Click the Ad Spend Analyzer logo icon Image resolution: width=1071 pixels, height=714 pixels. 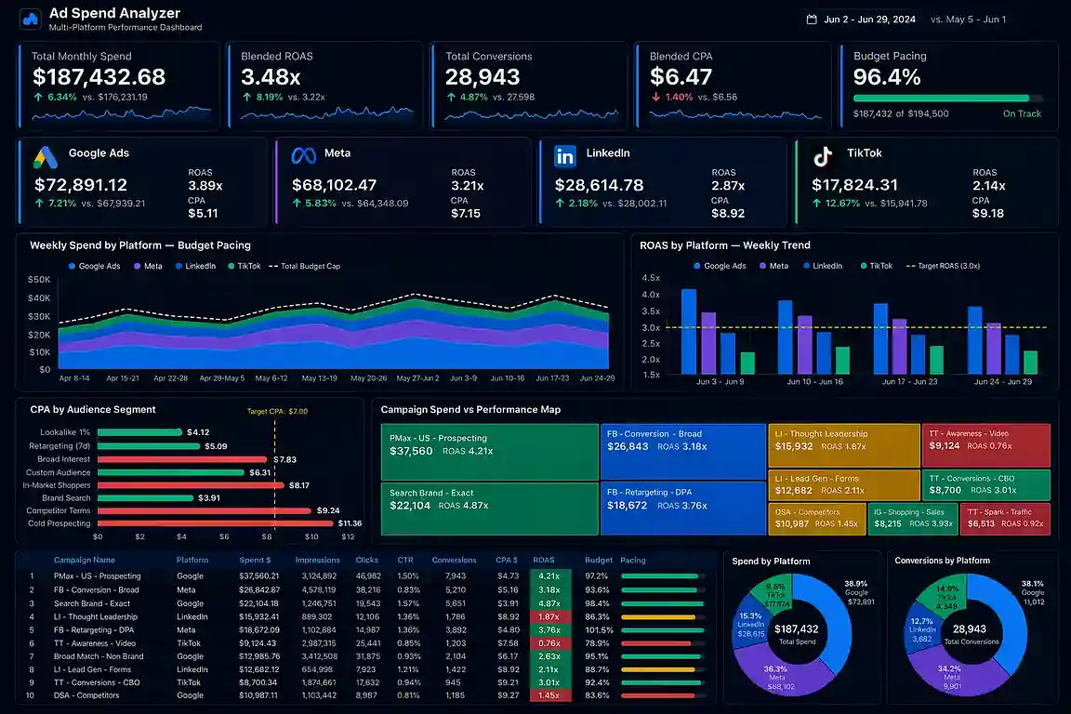(31, 19)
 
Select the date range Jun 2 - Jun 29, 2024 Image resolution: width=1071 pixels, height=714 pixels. (869, 20)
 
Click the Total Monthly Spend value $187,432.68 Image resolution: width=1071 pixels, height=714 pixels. (99, 77)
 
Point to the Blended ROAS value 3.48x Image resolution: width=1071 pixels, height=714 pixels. (271, 77)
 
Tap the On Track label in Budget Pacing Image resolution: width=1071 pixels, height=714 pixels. (1022, 113)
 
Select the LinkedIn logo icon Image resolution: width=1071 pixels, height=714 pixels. (564, 156)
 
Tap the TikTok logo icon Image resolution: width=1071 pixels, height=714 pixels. (822, 156)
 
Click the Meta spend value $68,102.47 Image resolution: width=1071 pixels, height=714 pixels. (334, 185)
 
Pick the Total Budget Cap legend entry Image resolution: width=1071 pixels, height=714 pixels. (304, 266)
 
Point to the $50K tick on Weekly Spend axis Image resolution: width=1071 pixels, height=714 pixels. (39, 279)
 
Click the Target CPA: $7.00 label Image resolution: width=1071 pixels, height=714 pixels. (277, 411)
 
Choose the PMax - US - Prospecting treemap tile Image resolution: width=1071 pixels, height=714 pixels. (489, 452)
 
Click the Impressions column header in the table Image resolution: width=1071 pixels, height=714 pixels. (317, 561)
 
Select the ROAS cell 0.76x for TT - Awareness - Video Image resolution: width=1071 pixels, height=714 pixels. (549, 642)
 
